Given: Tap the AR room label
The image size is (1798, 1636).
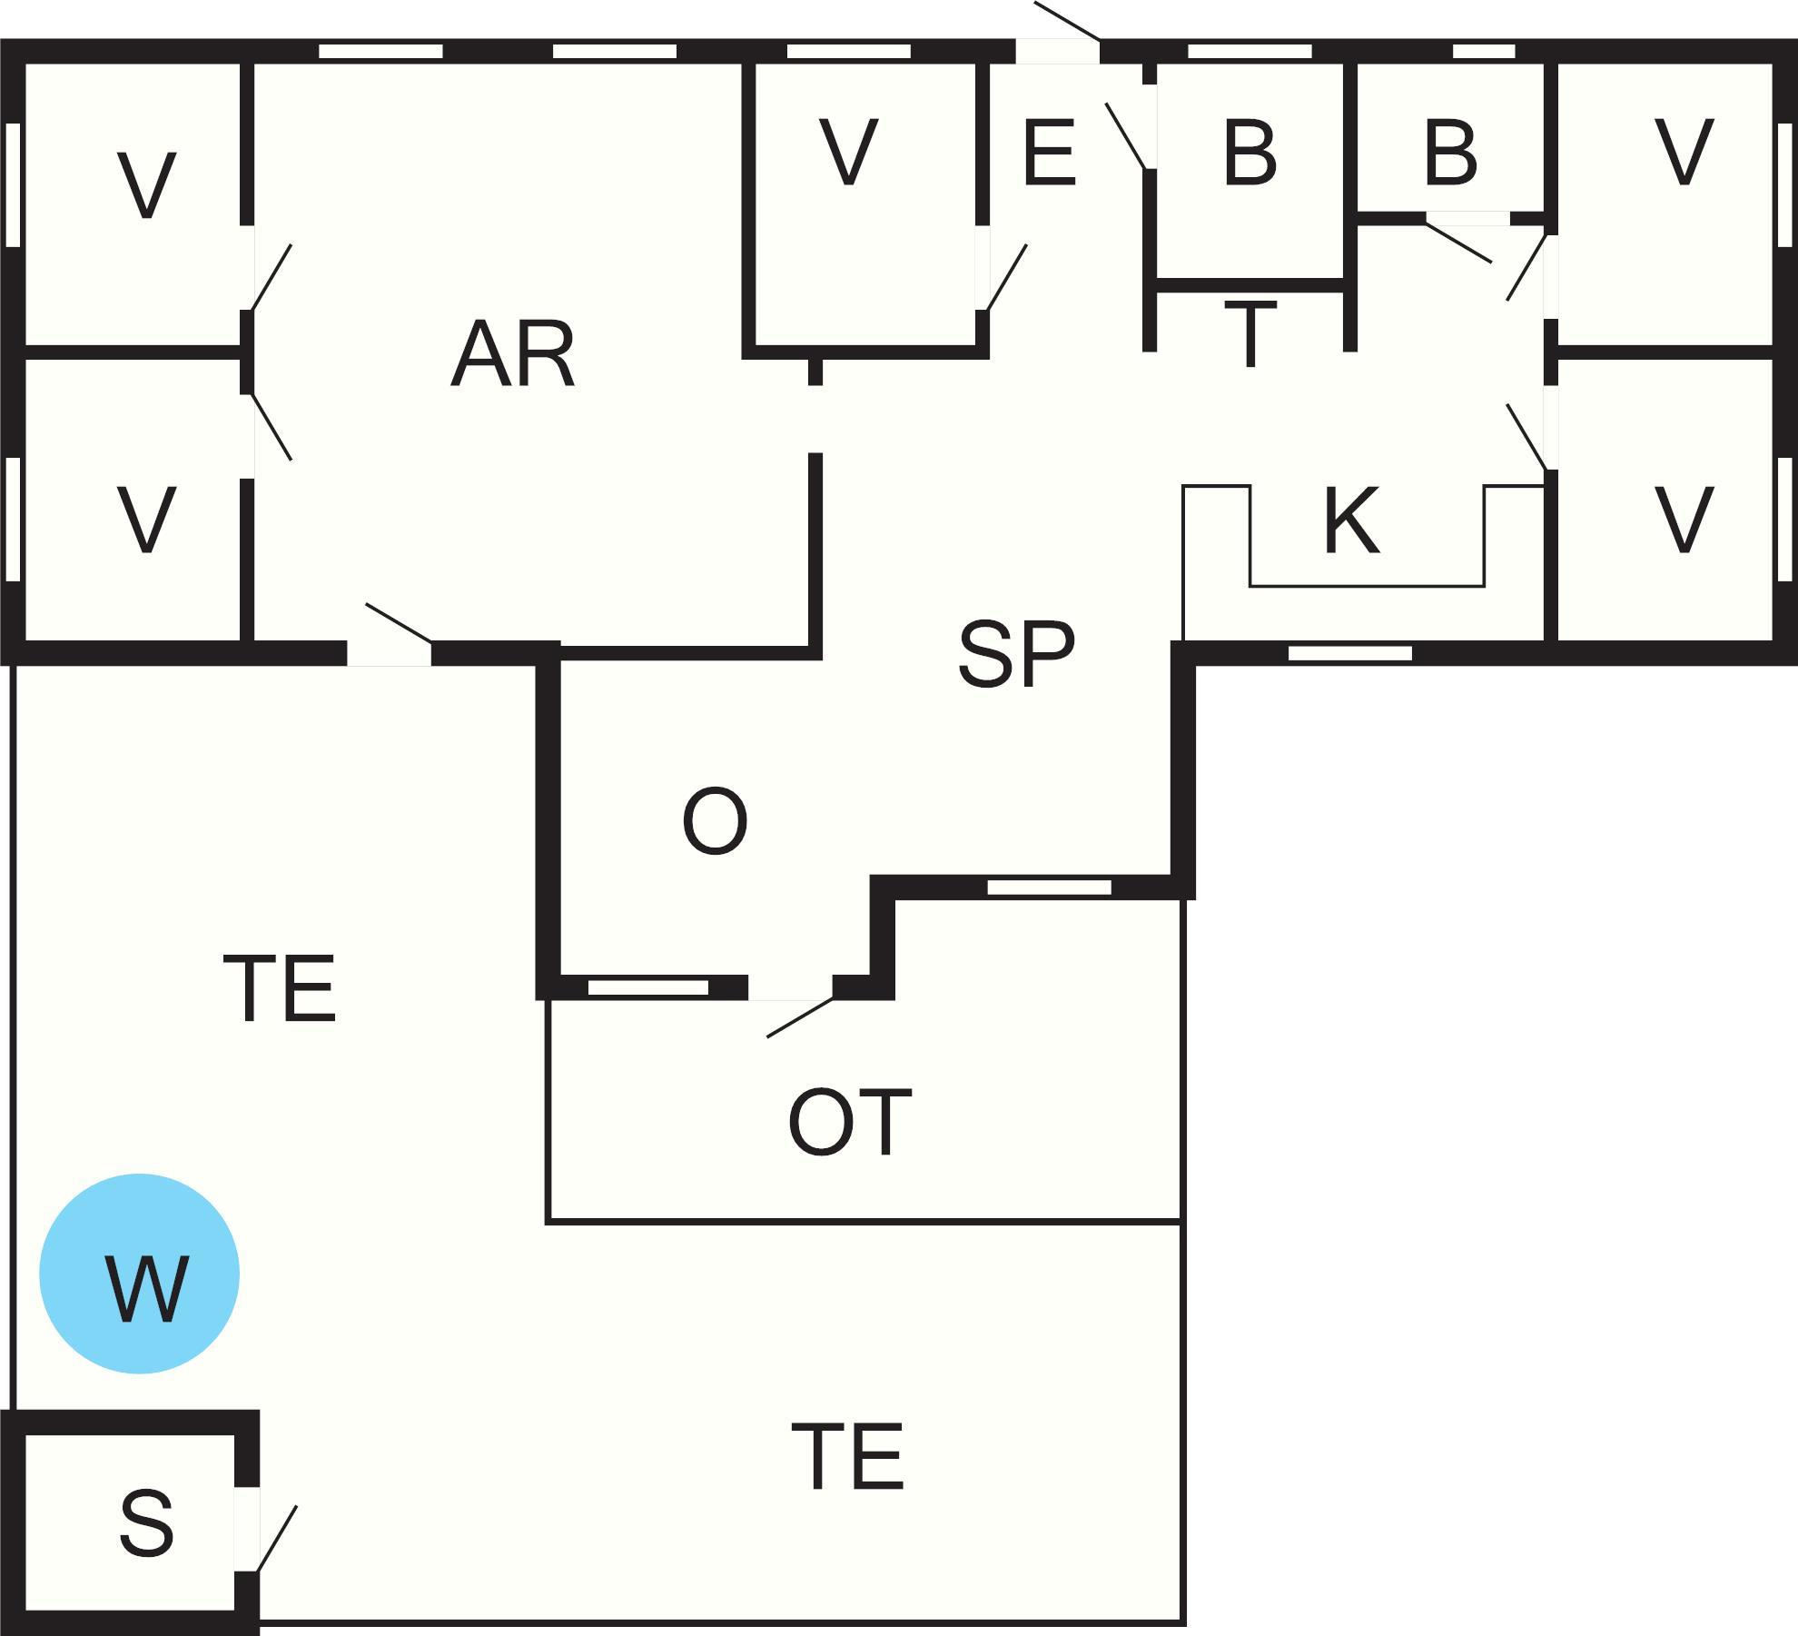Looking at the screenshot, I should pyautogui.click(x=513, y=354).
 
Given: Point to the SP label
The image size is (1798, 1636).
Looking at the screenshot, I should pyautogui.click(x=1016, y=654).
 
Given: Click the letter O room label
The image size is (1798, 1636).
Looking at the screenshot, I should pyautogui.click(x=715, y=822).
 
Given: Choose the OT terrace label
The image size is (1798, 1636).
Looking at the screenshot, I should pyautogui.click(x=849, y=1123).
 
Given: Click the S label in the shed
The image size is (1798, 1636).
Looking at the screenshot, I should pyautogui.click(x=146, y=1522).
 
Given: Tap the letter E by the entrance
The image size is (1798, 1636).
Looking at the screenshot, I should pyautogui.click(x=1049, y=153).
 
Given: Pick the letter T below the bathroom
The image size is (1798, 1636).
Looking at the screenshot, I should pyautogui.click(x=1250, y=332).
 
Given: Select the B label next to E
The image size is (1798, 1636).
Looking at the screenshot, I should pyautogui.click(x=1250, y=153).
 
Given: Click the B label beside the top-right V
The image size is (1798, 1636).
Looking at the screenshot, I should pyautogui.click(x=1450, y=153).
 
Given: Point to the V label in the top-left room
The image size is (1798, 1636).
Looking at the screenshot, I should pyautogui.click(x=146, y=185).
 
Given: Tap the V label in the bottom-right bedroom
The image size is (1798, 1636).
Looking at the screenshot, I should pyautogui.click(x=1684, y=521).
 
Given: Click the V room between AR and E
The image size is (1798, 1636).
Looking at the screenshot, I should pyautogui.click(x=849, y=153).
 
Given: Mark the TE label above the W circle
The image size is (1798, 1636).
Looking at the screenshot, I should pyautogui.click(x=280, y=989).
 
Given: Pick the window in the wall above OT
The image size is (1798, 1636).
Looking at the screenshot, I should pyautogui.click(x=1049, y=887).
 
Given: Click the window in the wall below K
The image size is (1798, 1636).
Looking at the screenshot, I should pyautogui.click(x=1350, y=653).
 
